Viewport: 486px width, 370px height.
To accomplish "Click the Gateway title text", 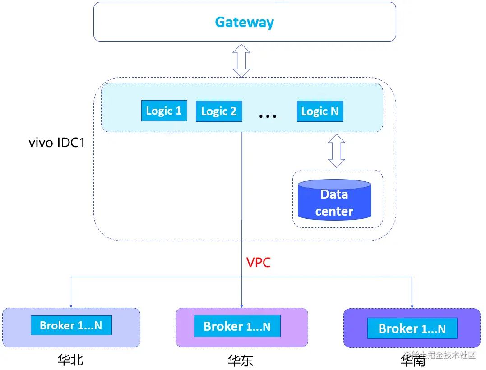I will (x=244, y=22).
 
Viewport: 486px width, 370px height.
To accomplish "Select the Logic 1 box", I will (x=164, y=111).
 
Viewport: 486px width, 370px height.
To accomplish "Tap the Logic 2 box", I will (x=219, y=111).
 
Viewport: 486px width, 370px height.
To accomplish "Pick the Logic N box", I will (x=320, y=111).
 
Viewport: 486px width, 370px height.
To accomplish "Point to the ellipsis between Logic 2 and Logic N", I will (x=268, y=116).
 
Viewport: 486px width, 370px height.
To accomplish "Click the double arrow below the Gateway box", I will (x=241, y=60).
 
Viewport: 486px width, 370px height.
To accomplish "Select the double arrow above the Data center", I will (x=337, y=151).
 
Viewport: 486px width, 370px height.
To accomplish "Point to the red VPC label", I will (x=259, y=263).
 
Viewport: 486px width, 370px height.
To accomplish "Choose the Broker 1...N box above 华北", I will (x=71, y=325).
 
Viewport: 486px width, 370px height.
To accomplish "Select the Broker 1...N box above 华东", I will (x=237, y=326).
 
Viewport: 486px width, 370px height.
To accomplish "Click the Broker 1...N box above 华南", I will (x=412, y=328).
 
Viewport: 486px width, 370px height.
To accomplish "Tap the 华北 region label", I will (x=70, y=360).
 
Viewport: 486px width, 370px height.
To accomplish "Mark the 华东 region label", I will (x=241, y=361).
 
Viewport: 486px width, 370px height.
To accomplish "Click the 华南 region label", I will (x=412, y=361).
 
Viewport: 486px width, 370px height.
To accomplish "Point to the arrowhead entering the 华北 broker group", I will (x=71, y=305).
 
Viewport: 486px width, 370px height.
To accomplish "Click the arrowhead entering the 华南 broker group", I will (x=412, y=306).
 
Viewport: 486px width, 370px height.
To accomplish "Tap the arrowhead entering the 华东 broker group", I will (x=242, y=305).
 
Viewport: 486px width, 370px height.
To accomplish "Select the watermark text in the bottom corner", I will (x=440, y=356).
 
